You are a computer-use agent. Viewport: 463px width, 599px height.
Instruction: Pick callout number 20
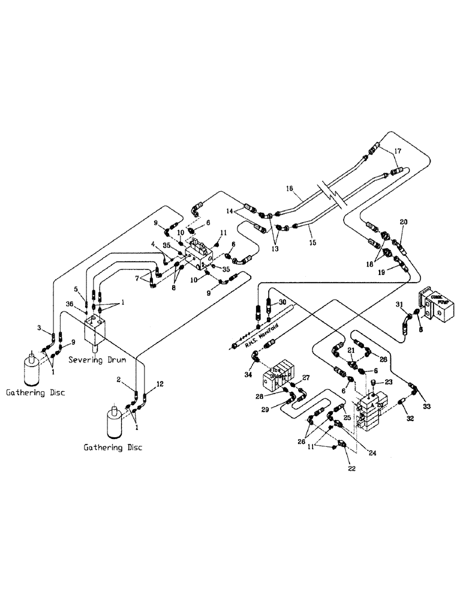point(404,222)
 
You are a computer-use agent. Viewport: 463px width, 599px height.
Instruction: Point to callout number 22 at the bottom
point(352,469)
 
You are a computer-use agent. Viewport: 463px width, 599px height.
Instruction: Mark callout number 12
point(160,383)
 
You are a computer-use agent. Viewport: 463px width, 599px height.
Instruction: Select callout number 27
point(306,377)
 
